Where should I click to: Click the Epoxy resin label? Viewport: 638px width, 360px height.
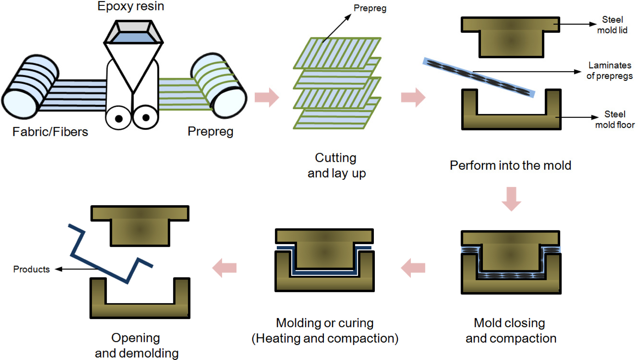[x=130, y=6]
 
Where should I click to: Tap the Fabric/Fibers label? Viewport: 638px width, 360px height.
[x=50, y=132]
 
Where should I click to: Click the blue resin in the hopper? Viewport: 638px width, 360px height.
[x=133, y=37]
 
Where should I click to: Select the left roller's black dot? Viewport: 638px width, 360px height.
[x=119, y=119]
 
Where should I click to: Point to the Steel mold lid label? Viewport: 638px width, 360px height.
[x=612, y=25]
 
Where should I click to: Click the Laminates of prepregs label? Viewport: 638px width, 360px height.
[x=609, y=71]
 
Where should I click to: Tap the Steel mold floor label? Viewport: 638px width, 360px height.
[x=615, y=119]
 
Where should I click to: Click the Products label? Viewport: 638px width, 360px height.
[x=31, y=269]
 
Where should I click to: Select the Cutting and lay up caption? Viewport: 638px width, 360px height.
[x=337, y=165]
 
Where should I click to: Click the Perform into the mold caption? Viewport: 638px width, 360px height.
[x=510, y=165]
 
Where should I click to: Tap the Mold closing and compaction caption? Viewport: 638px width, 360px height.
[x=510, y=330]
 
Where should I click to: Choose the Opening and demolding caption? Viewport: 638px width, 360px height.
[x=136, y=345]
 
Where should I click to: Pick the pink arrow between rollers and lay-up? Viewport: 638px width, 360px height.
[x=267, y=97]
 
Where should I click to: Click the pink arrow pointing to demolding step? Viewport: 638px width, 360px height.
[x=224, y=268]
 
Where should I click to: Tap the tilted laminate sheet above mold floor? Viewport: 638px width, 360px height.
[x=479, y=77]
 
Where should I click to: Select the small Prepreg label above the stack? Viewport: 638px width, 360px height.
[x=370, y=8]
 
